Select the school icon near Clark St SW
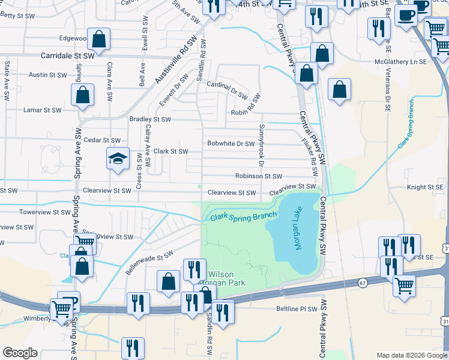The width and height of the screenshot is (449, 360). [x=118, y=159]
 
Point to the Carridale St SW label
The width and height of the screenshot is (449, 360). [x=68, y=55]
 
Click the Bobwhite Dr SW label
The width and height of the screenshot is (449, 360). [x=231, y=144]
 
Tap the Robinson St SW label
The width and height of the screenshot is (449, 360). [x=259, y=176]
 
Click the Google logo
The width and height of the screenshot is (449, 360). [x=19, y=352]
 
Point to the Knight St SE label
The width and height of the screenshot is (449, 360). [x=424, y=187]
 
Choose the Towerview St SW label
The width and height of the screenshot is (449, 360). [x=45, y=212]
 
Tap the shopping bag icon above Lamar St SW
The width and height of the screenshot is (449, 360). [x=82, y=95]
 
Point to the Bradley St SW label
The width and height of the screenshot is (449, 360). [x=150, y=119]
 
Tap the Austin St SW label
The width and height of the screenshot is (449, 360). [x=47, y=75]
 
